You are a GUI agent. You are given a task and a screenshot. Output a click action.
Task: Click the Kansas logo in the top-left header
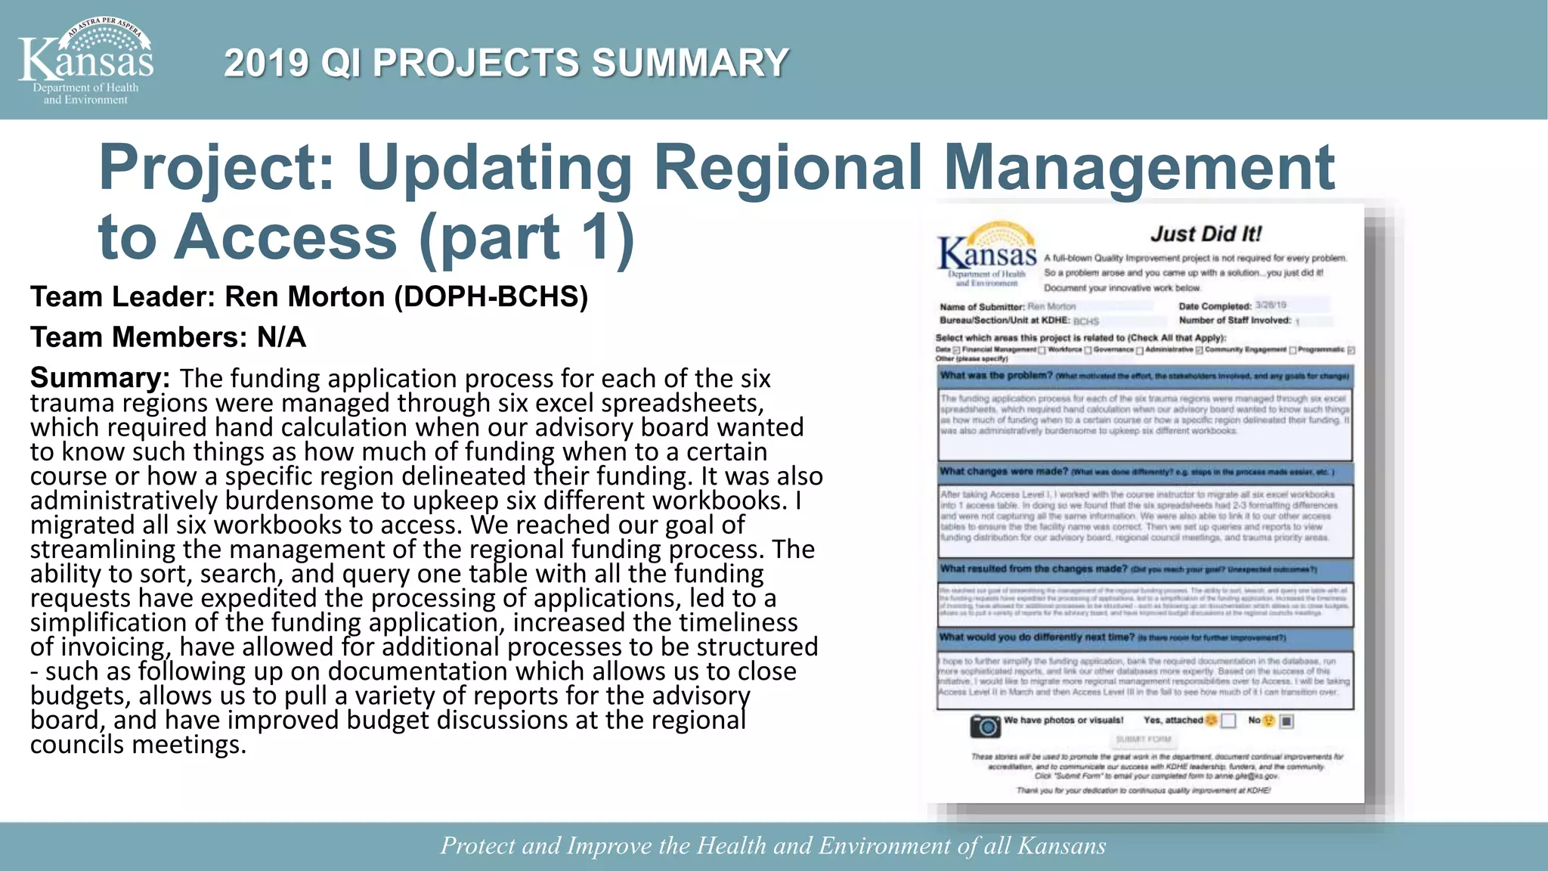pyautogui.click(x=85, y=60)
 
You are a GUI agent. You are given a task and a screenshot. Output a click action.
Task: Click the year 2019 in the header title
pyautogui.click(x=266, y=63)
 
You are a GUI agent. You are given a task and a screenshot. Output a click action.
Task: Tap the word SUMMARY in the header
pyautogui.click(x=689, y=63)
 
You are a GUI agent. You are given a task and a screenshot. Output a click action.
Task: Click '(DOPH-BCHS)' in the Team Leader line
pyautogui.click(x=491, y=297)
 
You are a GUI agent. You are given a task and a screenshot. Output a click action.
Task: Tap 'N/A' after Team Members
pyautogui.click(x=281, y=337)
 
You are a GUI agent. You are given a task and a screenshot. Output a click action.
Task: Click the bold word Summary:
pyautogui.click(x=100, y=377)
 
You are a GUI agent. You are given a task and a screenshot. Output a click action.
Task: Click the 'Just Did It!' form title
pyautogui.click(x=1206, y=234)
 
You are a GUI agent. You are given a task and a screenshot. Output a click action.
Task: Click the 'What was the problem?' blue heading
pyautogui.click(x=995, y=376)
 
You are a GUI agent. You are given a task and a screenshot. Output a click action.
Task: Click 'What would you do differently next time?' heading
pyautogui.click(x=1036, y=637)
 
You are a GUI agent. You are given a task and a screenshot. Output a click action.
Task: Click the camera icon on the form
pyautogui.click(x=986, y=726)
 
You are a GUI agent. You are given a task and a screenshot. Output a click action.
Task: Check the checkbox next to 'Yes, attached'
pyautogui.click(x=1228, y=721)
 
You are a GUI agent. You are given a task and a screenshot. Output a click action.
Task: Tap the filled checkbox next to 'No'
pyautogui.click(x=1286, y=721)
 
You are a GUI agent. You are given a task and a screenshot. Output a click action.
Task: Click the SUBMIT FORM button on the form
pyautogui.click(x=1144, y=739)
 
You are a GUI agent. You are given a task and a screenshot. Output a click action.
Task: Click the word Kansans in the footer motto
pyautogui.click(x=1061, y=845)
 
